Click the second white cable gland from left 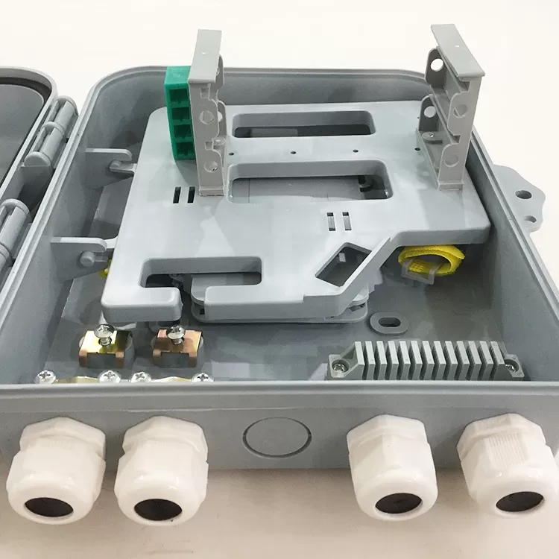[x=160, y=470]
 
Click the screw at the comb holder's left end [x=340, y=365]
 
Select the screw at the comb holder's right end [x=511, y=364]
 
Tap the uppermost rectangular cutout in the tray [x=302, y=124]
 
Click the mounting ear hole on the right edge [x=524, y=195]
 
